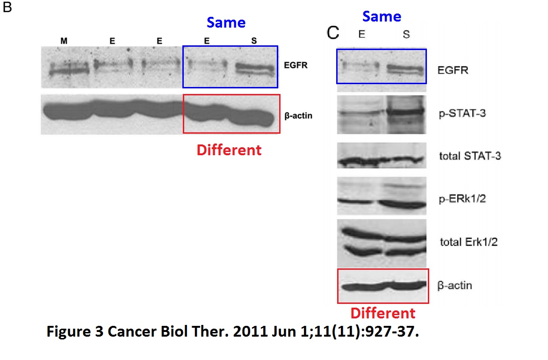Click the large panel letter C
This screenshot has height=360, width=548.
pyautogui.click(x=332, y=33)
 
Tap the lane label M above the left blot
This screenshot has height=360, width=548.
pyautogui.click(x=64, y=41)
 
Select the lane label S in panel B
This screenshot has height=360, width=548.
pyautogui.click(x=254, y=41)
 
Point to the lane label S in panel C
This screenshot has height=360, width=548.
pyautogui.click(x=406, y=35)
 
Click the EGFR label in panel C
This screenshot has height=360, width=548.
pyautogui.click(x=453, y=71)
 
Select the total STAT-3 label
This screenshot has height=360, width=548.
pyautogui.click(x=470, y=156)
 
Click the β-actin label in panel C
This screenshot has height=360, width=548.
pyautogui.click(x=454, y=285)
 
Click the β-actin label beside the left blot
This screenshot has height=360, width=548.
pyautogui.click(x=298, y=115)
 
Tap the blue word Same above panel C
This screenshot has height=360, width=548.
pyautogui.click(x=382, y=16)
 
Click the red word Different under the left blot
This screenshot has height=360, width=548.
pyautogui.click(x=229, y=150)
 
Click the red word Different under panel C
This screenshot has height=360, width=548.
pyautogui.click(x=382, y=313)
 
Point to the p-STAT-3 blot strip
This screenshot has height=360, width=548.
pyautogui.click(x=382, y=114)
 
